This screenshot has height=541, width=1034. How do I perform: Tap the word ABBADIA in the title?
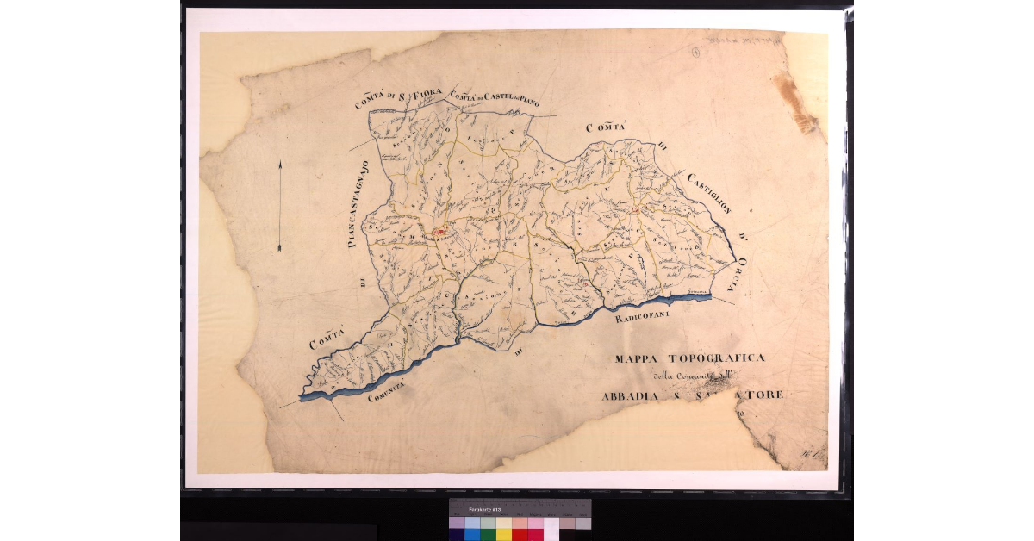633,396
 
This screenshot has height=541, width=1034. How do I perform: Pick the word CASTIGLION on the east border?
709,194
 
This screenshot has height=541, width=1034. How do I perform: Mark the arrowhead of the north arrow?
279,164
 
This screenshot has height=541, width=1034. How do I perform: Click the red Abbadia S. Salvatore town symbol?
439,231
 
